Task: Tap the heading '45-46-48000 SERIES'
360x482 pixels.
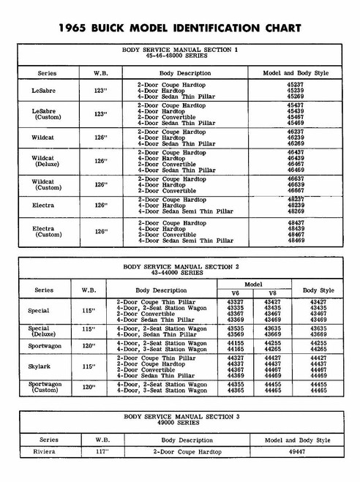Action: (179, 56)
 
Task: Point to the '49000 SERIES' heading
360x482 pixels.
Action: (179, 422)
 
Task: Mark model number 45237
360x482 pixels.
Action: (296, 85)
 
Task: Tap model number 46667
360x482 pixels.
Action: (296, 190)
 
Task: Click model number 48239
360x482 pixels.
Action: (296, 206)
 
